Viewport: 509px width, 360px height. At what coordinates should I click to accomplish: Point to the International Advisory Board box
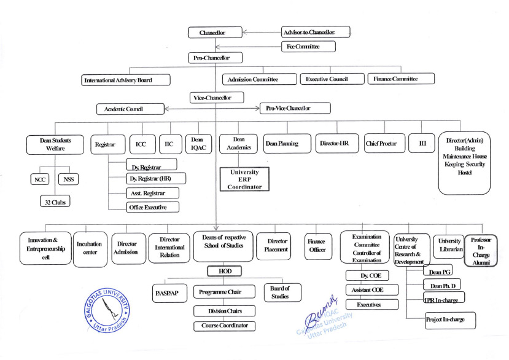(x=126, y=79)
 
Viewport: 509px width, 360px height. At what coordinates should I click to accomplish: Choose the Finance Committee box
(x=401, y=79)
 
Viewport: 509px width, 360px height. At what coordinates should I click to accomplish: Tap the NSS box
(x=69, y=179)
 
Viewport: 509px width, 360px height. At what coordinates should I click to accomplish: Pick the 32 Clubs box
(x=52, y=200)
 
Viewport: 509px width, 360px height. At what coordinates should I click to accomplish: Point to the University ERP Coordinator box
(x=244, y=179)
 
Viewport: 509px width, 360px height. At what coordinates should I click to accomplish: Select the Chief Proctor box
(x=384, y=144)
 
